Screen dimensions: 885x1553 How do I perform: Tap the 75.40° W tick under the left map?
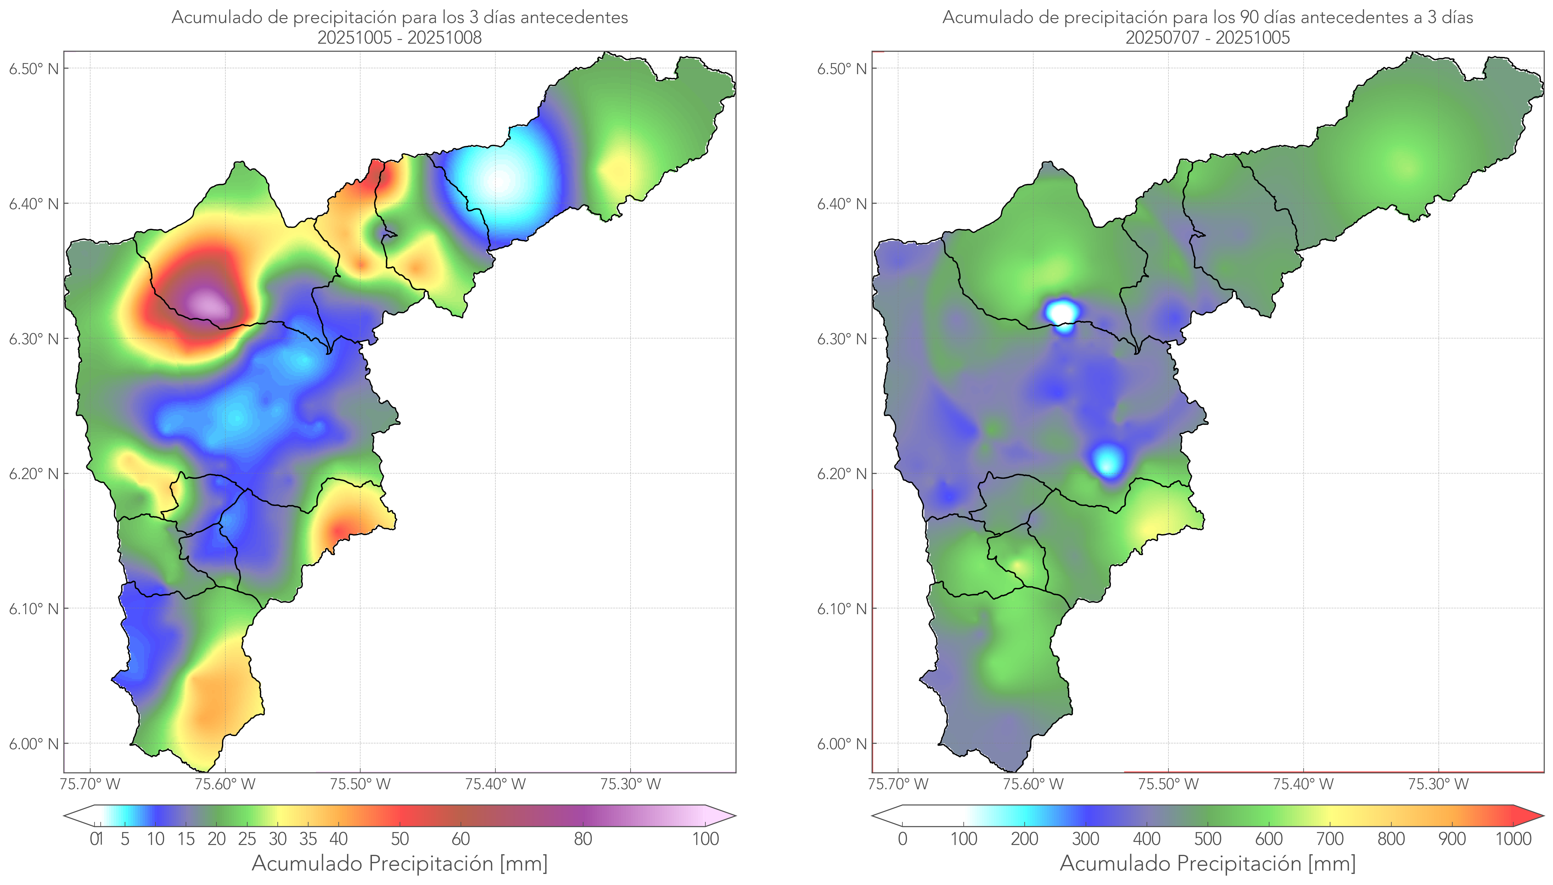495,784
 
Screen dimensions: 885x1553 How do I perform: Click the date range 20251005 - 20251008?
400,38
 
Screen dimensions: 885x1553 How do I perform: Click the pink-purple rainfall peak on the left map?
207,302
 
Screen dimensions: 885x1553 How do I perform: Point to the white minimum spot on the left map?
498,181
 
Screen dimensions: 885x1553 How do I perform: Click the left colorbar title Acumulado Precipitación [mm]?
400,863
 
